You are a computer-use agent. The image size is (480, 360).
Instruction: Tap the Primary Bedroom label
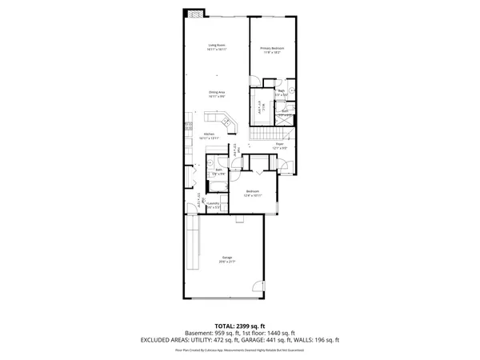point(272,50)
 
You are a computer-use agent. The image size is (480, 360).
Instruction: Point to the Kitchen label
point(209,135)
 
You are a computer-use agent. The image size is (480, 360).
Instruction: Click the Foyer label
point(280,146)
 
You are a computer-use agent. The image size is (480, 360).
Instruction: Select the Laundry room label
point(213,205)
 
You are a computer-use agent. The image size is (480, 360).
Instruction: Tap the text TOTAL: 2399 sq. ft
point(239,326)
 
